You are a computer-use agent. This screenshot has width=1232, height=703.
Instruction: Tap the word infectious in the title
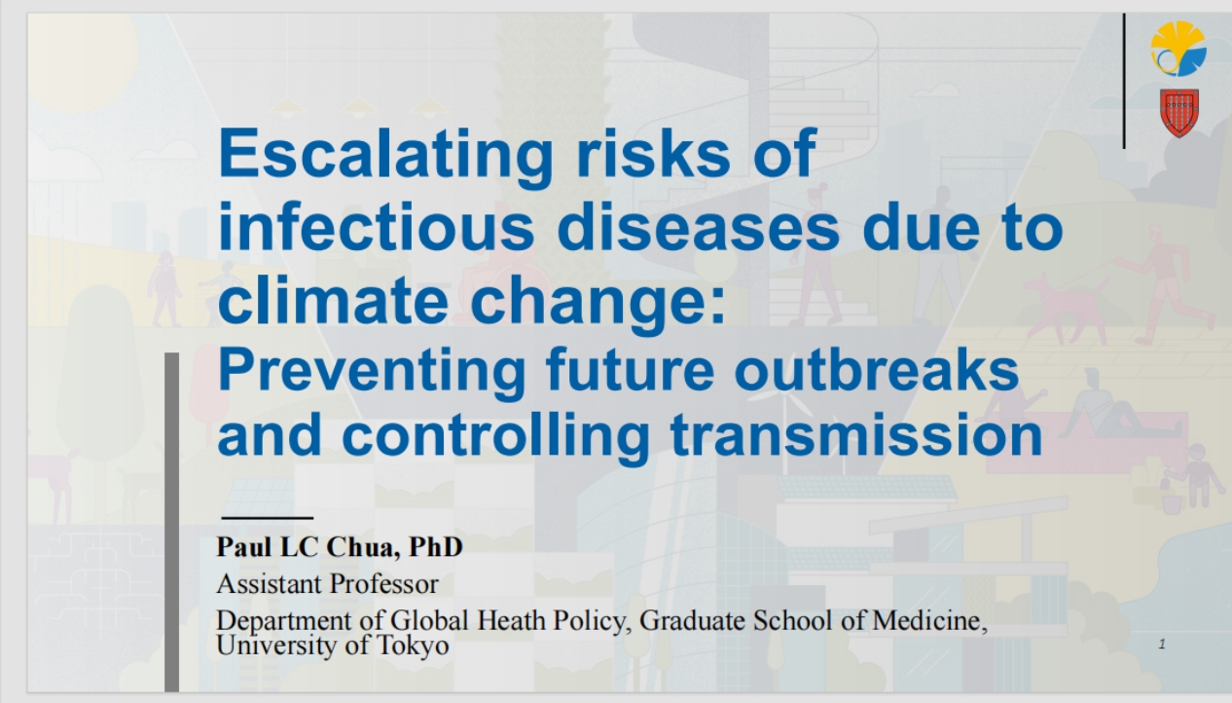pyautogui.click(x=377, y=228)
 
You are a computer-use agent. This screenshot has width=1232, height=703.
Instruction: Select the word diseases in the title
pyautogui.click(x=699, y=228)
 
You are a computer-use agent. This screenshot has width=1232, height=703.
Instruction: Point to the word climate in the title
pyautogui.click(x=333, y=301)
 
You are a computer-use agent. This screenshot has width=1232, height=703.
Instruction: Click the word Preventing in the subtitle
pyautogui.click(x=372, y=372)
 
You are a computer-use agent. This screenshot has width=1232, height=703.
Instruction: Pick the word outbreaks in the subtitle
pyautogui.click(x=877, y=370)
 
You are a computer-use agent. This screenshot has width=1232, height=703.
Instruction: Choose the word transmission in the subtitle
pyautogui.click(x=856, y=435)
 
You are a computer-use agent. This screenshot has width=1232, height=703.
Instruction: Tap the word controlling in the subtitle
pyautogui.click(x=496, y=437)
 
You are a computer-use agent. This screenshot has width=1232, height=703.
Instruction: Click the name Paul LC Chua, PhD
pyautogui.click(x=340, y=547)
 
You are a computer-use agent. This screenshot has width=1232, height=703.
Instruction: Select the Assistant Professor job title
pyautogui.click(x=327, y=583)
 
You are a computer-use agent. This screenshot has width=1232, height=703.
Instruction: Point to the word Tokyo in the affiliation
pyautogui.click(x=413, y=646)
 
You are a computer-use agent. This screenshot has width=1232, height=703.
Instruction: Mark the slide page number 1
pyautogui.click(x=1162, y=644)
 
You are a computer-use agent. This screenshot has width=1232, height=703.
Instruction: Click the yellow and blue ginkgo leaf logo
pyautogui.click(x=1178, y=49)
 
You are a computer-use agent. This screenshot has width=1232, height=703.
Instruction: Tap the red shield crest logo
pyautogui.click(x=1179, y=113)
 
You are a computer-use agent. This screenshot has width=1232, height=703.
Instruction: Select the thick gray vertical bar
pyautogui.click(x=171, y=522)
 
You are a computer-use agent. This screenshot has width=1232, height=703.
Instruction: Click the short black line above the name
pyautogui.click(x=268, y=517)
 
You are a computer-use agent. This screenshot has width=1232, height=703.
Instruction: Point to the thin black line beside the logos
pyautogui.click(x=1124, y=81)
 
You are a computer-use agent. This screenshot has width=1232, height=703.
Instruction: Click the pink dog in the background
pyautogui.click(x=1067, y=306)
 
